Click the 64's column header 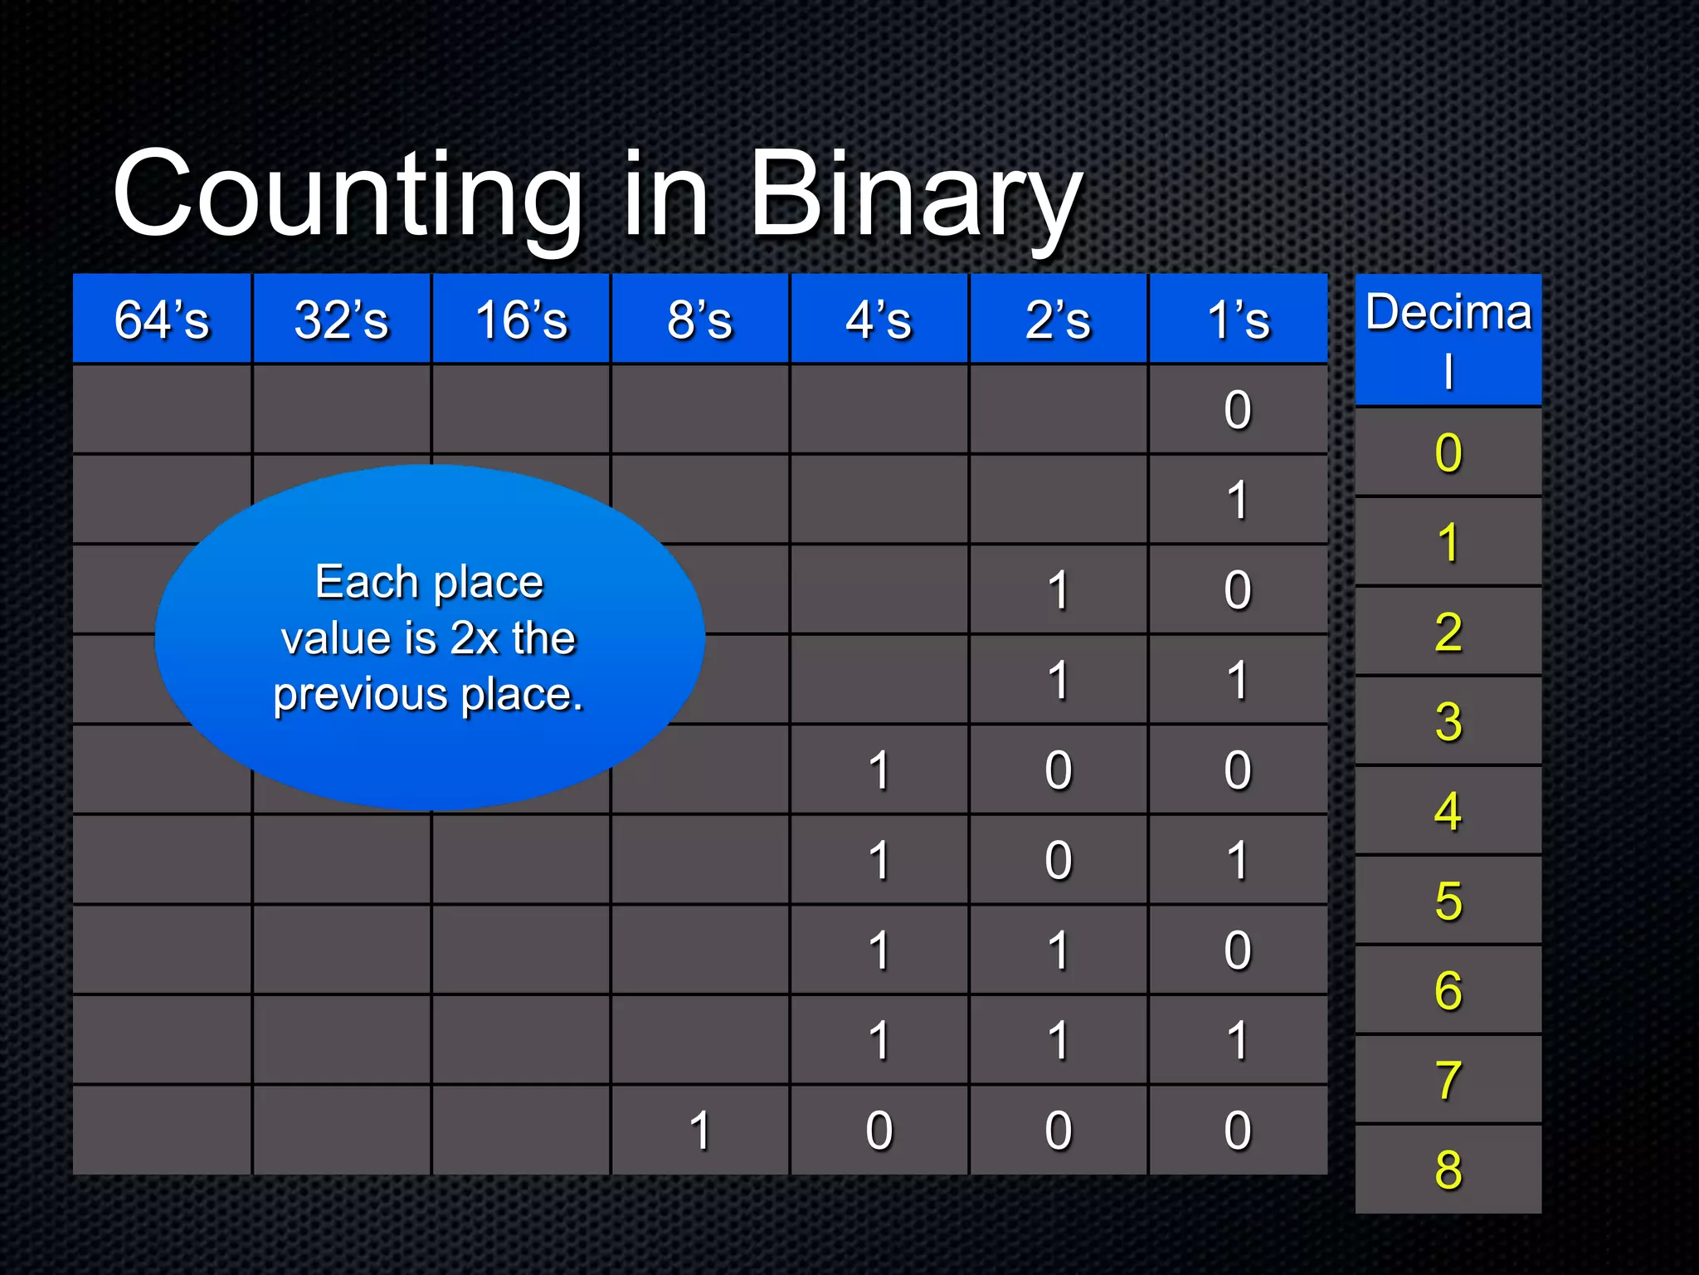point(162,320)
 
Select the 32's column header point(341,320)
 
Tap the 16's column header point(521,320)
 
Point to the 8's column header point(699,320)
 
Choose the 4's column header point(879,320)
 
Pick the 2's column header point(1058,320)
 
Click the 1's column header point(1238,320)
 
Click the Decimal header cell point(1448,339)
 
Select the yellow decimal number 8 point(1448,1169)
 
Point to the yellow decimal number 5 point(1448,901)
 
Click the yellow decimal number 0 point(1448,452)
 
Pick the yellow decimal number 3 point(1448,721)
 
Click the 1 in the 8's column point(699,1130)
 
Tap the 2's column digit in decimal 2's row point(1058,590)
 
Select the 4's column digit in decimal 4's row point(879,769)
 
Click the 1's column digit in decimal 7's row point(1238,1040)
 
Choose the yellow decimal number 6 point(1448,990)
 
